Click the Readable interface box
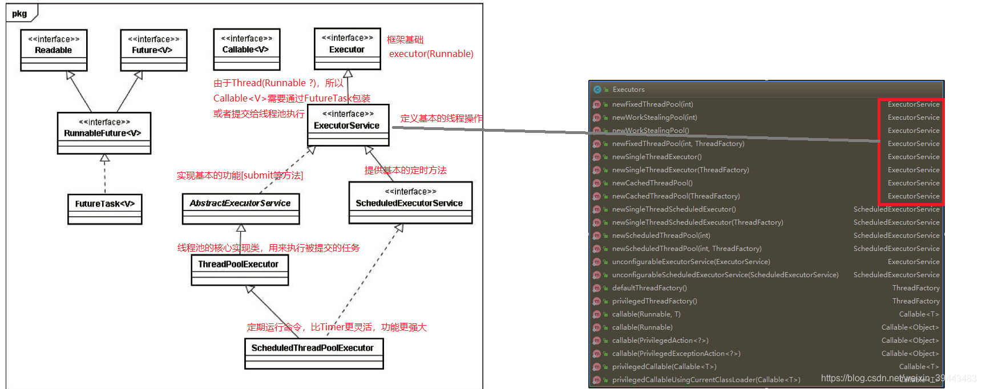[54, 50]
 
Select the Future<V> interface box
[153, 50]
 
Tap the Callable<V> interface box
[246, 49]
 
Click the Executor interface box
[347, 49]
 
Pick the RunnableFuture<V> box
[104, 133]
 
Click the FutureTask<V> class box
[104, 209]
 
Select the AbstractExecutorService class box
[240, 208]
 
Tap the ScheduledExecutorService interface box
[410, 202]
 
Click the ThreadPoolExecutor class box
[239, 269]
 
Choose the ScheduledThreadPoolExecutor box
[313, 353]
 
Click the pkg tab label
[19, 14]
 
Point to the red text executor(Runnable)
[431, 54]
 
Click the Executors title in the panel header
[628, 90]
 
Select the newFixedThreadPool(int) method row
[652, 104]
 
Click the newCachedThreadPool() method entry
[652, 183]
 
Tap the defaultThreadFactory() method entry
[649, 288]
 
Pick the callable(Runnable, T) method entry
[646, 314]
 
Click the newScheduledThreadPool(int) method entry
[661, 236]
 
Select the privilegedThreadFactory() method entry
[654, 301]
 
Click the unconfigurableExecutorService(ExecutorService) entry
[690, 262]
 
